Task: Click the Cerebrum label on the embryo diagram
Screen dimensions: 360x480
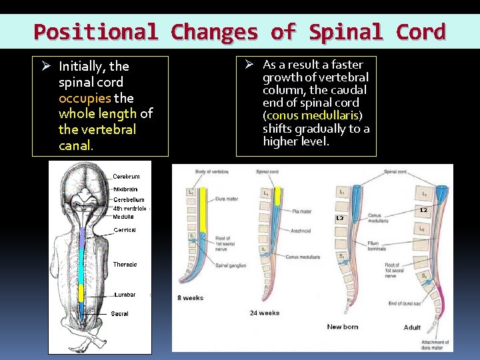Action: (126, 177)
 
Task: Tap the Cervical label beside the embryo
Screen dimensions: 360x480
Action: (125, 229)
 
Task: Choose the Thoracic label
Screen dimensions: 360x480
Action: (125, 265)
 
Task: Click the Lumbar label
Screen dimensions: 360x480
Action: (125, 294)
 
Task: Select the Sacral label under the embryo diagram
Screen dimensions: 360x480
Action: (119, 313)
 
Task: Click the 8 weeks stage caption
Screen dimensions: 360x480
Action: (190, 297)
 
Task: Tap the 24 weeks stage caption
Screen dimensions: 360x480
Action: (265, 313)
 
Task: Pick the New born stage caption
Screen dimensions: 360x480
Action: (343, 327)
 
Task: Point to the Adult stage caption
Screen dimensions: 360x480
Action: (412, 327)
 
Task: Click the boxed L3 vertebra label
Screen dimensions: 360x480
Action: (340, 218)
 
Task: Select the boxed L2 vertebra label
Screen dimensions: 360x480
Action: (423, 210)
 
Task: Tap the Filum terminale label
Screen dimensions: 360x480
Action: (377, 246)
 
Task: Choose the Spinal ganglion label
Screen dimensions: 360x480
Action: (231, 265)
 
